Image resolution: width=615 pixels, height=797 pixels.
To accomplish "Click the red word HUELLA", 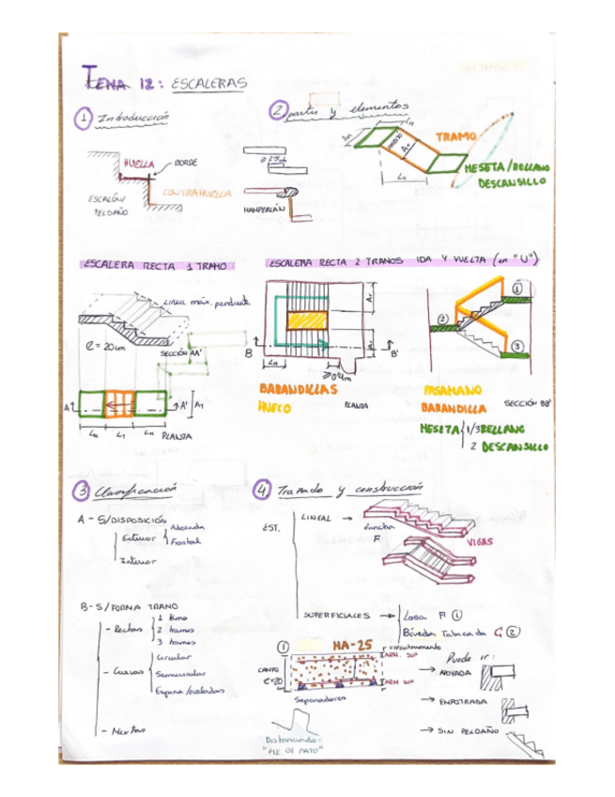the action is point(138,164).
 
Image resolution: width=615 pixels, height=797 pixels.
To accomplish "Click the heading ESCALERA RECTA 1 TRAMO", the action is point(152,266).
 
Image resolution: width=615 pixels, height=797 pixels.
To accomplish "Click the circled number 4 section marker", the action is point(261,492).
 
